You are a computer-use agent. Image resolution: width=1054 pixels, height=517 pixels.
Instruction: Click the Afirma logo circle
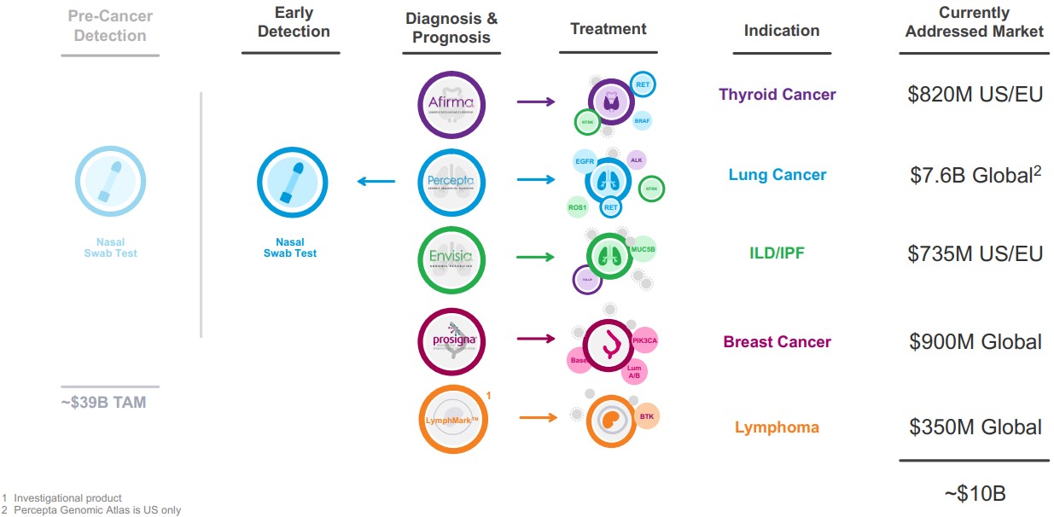[451, 105]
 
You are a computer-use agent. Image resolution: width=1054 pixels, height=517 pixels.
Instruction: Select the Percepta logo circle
[451, 182]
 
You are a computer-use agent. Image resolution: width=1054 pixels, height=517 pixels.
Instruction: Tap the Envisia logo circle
[451, 258]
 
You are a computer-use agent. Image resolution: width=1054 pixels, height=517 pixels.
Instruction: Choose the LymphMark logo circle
[452, 420]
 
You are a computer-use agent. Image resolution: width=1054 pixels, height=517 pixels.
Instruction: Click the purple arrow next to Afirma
[535, 102]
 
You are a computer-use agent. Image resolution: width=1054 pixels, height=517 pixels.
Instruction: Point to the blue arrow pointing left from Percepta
[376, 181]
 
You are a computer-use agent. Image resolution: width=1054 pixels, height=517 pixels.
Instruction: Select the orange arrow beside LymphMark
[538, 418]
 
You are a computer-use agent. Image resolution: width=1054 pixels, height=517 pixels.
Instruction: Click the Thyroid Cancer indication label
[777, 95]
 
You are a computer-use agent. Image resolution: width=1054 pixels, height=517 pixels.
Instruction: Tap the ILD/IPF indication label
[777, 253]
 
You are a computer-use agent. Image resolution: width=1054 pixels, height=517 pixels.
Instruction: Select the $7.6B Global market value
[975, 175]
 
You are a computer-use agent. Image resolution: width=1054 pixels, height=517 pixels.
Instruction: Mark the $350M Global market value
[975, 427]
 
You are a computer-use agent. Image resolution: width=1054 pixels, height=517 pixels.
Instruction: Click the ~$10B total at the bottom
[975, 493]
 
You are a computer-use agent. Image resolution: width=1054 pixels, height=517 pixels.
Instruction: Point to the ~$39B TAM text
[103, 401]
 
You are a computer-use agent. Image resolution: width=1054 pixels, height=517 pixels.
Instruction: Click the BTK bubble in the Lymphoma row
[646, 416]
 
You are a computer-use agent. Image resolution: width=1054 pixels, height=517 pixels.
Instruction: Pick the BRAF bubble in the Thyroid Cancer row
[642, 121]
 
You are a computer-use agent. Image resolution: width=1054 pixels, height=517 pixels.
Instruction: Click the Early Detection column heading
[290, 22]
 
